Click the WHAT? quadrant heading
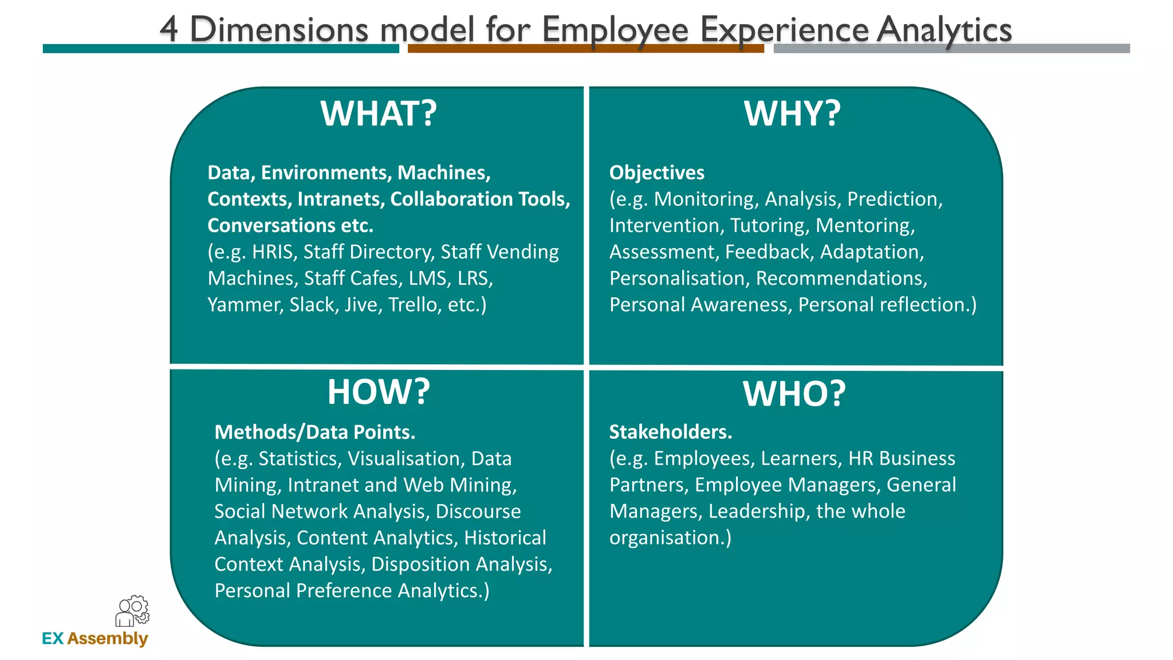(379, 113)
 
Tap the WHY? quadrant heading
(792, 113)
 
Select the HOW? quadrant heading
(379, 392)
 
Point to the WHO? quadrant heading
(794, 394)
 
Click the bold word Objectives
(656, 172)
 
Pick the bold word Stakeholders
(670, 432)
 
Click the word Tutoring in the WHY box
(769, 226)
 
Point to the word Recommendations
(841, 278)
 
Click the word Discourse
(478, 511)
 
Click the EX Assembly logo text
(95, 638)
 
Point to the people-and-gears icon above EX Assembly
(132, 611)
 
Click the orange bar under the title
(585, 49)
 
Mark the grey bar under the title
(951, 49)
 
